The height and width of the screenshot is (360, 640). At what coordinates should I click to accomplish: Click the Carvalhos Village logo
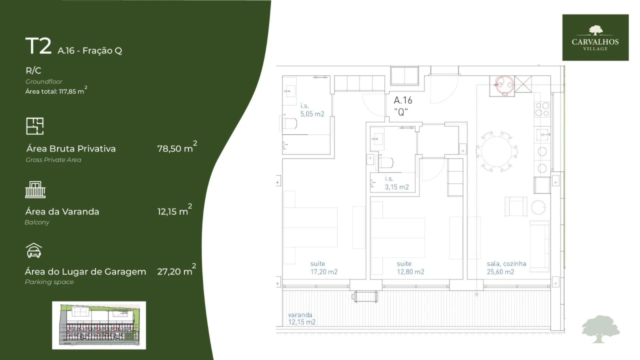coord(595,37)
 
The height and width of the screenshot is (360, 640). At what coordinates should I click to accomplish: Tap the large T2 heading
coord(38,46)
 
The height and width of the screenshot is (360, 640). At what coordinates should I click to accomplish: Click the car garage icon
coord(33,250)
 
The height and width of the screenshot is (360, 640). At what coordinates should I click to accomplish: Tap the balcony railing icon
coord(35,190)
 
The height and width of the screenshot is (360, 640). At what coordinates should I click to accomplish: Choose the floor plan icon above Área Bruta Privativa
coord(35,126)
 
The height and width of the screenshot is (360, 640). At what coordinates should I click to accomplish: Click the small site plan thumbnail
coord(99,325)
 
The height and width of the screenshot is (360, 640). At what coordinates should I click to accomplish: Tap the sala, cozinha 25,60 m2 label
coord(506,268)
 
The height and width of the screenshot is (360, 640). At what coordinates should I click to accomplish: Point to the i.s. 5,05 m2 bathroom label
coord(312,110)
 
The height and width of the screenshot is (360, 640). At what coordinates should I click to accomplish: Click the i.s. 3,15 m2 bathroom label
coord(396,183)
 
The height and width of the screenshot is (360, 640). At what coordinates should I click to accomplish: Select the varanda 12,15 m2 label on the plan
coord(301,318)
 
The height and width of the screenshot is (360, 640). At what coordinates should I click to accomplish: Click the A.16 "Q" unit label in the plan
coord(403,105)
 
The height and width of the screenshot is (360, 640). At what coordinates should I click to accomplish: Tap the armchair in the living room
coord(515,206)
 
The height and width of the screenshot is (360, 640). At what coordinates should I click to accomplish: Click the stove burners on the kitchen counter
coord(542,109)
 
